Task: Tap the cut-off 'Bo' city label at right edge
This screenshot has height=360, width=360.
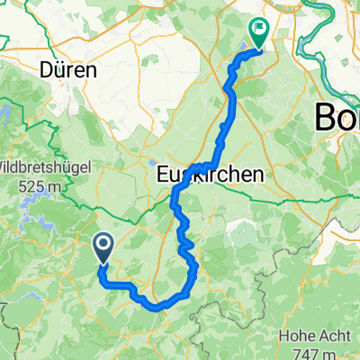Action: click(336, 117)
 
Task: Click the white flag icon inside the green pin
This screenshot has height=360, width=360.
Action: click(259, 28)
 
